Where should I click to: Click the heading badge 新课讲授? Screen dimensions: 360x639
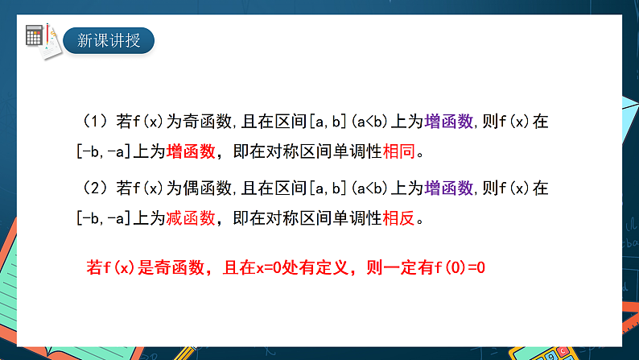click(x=109, y=39)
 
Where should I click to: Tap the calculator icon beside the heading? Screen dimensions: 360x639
click(x=35, y=35)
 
